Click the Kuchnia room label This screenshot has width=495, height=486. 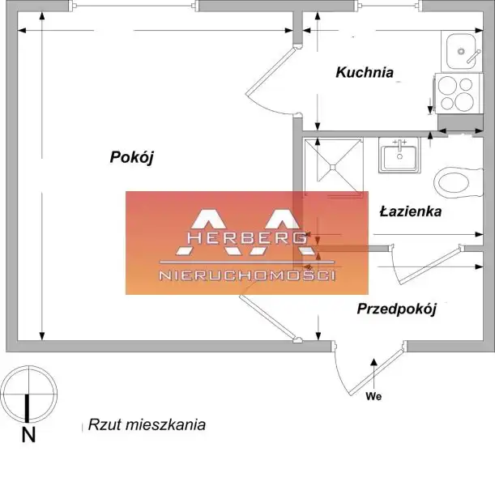365,73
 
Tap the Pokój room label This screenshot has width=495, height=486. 131,157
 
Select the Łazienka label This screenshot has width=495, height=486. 411,211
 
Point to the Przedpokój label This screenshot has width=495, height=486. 397,309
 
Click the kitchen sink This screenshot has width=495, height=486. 461,51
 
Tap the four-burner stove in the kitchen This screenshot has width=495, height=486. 459,93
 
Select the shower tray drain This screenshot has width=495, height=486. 333,166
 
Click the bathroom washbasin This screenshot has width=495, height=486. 399,155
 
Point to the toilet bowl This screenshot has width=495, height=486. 459,183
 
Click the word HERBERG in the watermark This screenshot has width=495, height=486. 247,237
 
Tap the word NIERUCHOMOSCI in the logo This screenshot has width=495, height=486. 247,275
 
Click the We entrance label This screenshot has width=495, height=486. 373,396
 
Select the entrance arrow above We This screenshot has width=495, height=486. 373,373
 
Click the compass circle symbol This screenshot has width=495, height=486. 28,366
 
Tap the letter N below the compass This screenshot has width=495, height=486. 28,435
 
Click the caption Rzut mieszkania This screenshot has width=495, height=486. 147,424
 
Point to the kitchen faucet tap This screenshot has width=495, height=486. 474,56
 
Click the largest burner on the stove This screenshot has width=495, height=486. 465,101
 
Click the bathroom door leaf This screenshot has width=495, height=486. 430,265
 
